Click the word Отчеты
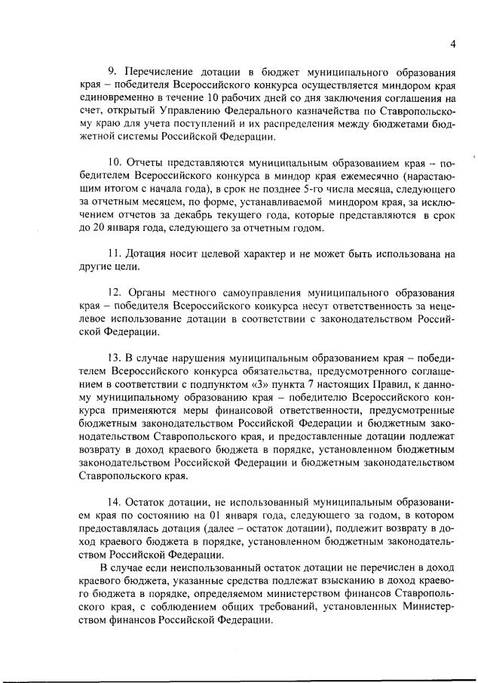pos(150,162)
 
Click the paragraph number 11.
pos(115,255)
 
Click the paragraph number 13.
pos(115,355)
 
